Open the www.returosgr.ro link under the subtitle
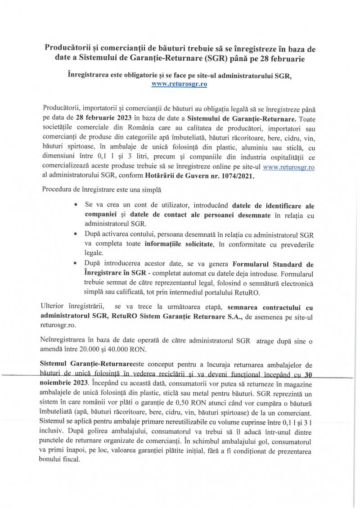click(180, 84)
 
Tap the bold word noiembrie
click(59, 383)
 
